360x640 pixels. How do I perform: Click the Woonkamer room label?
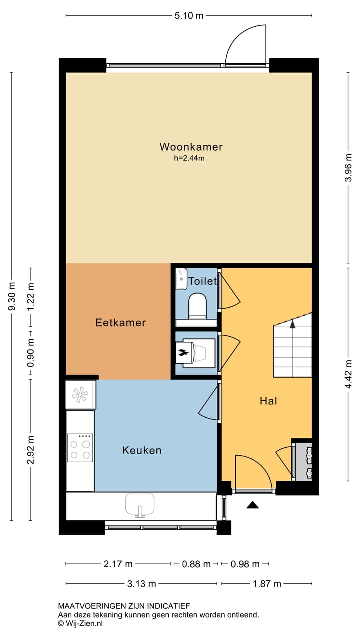click(191, 147)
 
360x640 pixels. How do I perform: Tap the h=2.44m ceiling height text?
click(189, 158)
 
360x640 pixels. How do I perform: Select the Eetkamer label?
click(120, 323)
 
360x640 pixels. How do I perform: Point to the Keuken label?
click(142, 450)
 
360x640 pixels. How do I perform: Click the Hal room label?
click(268, 401)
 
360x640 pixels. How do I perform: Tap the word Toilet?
click(202, 281)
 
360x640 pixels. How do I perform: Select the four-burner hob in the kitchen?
click(80, 448)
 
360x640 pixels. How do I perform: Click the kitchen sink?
click(140, 504)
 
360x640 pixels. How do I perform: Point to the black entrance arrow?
click(253, 505)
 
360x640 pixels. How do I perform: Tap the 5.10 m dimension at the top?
click(189, 16)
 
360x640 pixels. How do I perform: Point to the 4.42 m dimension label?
click(349, 374)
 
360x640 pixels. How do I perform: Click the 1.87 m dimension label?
click(267, 583)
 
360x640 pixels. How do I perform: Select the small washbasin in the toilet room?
click(181, 279)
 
